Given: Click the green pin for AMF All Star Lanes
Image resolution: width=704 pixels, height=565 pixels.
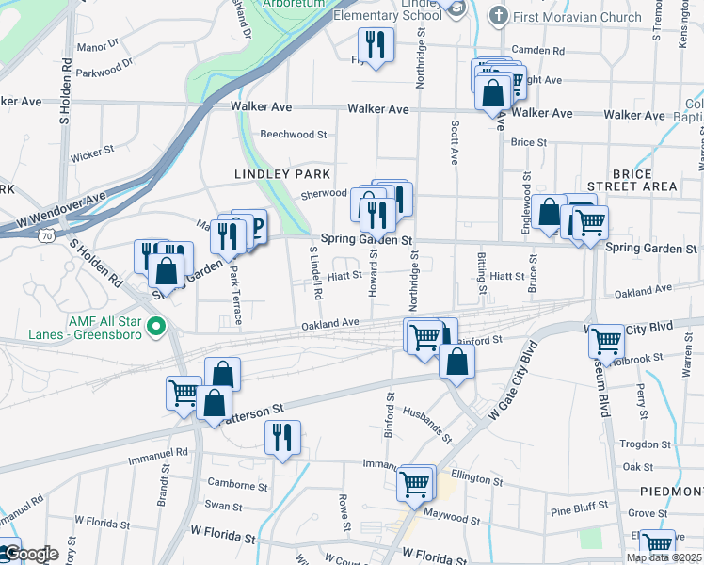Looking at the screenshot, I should pyautogui.click(x=157, y=329).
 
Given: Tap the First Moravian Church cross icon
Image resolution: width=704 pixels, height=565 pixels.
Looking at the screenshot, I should pyautogui.click(x=499, y=16).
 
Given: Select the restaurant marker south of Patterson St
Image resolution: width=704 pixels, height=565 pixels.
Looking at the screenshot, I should pyautogui.click(x=282, y=438).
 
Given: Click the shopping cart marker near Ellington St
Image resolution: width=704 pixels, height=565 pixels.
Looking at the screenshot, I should pyautogui.click(x=415, y=485).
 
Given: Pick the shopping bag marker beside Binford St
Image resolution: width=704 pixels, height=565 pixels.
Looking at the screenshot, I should pyautogui.click(x=456, y=363).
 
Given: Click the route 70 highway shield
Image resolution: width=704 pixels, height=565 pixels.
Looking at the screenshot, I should pyautogui.click(x=46, y=236).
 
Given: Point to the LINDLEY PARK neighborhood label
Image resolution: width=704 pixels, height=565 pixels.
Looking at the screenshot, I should pyautogui.click(x=282, y=174).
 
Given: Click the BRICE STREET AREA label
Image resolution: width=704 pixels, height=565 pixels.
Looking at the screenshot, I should pyautogui.click(x=631, y=179).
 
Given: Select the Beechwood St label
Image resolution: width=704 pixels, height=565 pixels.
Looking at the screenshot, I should pyautogui.click(x=294, y=135).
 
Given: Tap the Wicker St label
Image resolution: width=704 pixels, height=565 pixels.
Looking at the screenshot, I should pyautogui.click(x=91, y=149).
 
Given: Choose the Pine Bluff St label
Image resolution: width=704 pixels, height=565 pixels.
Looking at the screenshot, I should pyautogui.click(x=582, y=509).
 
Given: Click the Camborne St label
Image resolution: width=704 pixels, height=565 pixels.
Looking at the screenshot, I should pyautogui.click(x=236, y=485).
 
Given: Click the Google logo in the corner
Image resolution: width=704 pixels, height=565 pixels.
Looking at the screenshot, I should pyautogui.click(x=30, y=554).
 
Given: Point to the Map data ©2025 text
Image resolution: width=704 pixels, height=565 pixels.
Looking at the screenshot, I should pyautogui.click(x=664, y=557).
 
